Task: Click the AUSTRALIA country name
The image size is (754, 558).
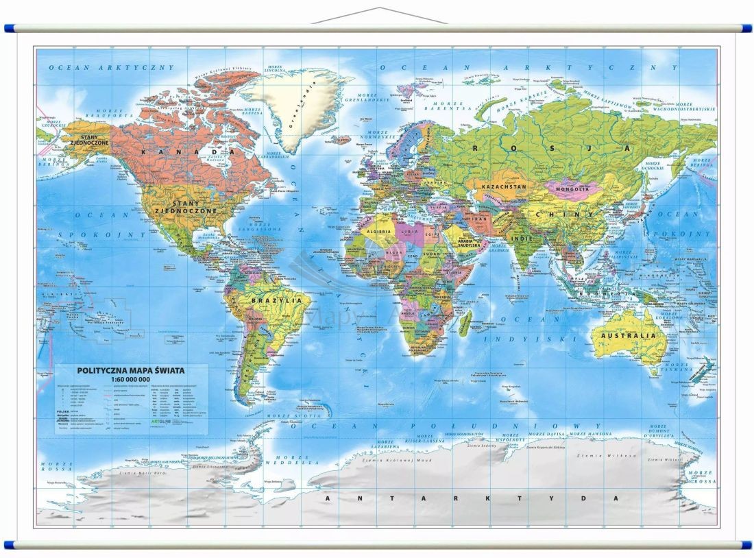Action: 628,336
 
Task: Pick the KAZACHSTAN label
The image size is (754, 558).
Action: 504,186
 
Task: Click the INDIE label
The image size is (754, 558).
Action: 524,239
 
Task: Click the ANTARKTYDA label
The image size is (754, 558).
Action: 472,498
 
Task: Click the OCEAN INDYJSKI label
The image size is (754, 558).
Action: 530,329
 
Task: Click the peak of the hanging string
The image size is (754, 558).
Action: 379,9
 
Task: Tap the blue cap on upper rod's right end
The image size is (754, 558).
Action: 744,29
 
